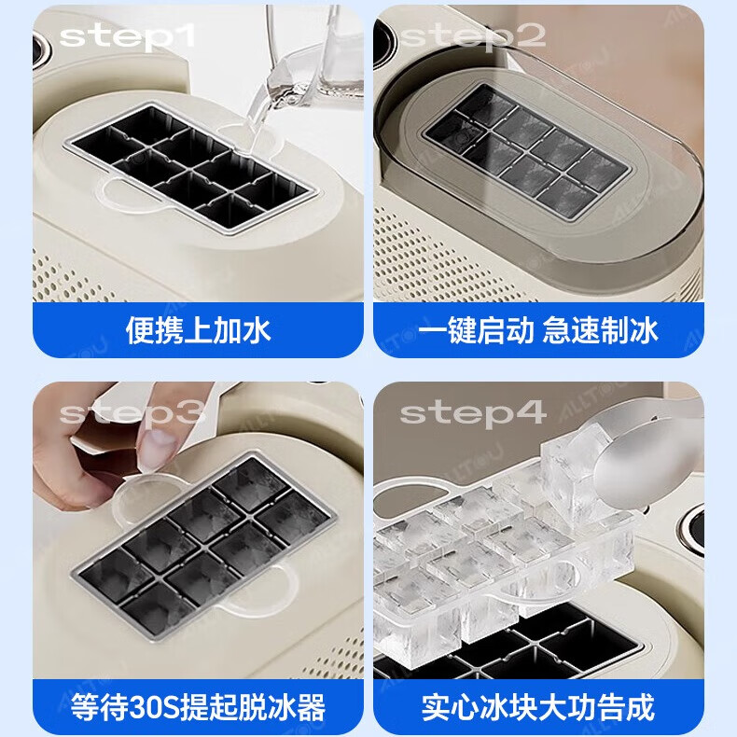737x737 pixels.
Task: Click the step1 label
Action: pyautogui.click(x=129, y=36)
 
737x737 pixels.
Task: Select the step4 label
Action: pyautogui.click(x=474, y=412)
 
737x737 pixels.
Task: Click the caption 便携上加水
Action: pyautogui.click(x=198, y=329)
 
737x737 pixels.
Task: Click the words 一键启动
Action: pyautogui.click(x=476, y=329)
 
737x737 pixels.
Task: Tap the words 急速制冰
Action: pyautogui.click(x=602, y=329)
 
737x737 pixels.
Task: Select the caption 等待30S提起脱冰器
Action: pyautogui.click(x=198, y=706)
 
